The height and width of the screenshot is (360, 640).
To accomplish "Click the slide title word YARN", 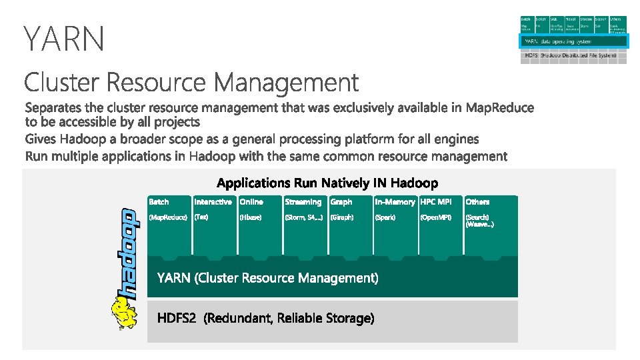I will [x=64, y=38].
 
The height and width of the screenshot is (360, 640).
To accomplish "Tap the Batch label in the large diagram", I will [x=159, y=201].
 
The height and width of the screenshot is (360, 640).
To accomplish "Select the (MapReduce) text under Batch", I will [x=168, y=217].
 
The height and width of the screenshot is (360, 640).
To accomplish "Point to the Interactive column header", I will [x=213, y=201].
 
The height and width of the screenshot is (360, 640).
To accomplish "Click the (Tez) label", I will [x=201, y=217].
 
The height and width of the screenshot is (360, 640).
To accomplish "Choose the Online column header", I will [x=251, y=201].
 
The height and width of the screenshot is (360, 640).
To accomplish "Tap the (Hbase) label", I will [x=251, y=217].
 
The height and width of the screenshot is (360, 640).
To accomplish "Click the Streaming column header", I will [x=303, y=201].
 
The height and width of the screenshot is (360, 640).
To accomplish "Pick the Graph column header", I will [x=341, y=201].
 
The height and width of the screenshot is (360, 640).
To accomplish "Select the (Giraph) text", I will [x=342, y=217].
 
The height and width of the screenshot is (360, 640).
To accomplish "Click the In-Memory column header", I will [x=395, y=201].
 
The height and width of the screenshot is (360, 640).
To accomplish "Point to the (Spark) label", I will [x=385, y=217].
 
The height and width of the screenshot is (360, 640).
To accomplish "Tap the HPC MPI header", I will [x=435, y=201].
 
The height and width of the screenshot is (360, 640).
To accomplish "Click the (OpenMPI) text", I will [x=437, y=217].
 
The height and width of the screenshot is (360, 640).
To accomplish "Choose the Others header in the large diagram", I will [x=477, y=201].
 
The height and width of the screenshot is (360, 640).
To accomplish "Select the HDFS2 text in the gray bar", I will [x=177, y=319].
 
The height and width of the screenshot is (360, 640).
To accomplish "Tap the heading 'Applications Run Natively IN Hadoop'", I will [x=327, y=183].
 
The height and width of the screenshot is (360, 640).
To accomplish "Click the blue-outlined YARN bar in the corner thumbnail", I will [x=573, y=41].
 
